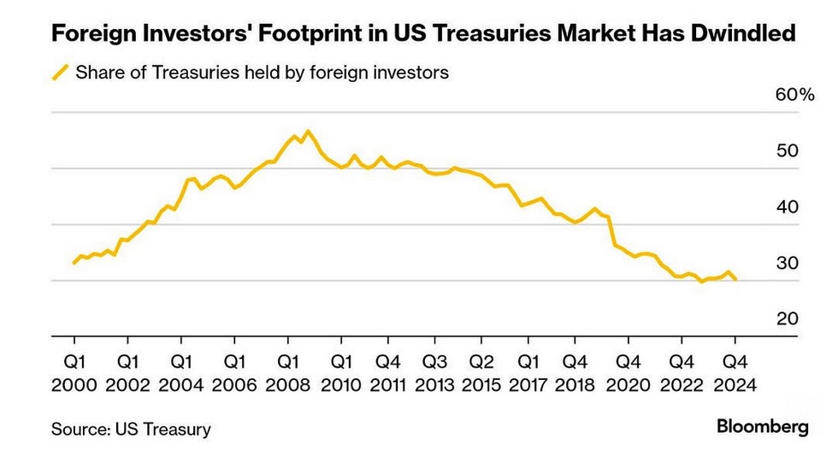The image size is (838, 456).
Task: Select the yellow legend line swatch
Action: click(x=60, y=72)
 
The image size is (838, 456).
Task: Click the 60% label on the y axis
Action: click(x=794, y=95)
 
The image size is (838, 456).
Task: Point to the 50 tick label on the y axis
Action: click(x=788, y=150)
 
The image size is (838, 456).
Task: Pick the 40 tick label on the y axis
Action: click(x=788, y=207)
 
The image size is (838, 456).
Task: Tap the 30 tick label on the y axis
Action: click(x=788, y=263)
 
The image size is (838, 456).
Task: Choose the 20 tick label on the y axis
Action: click(x=788, y=319)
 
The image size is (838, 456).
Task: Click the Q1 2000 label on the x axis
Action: click(x=74, y=373)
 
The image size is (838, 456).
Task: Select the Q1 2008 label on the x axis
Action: click(x=287, y=373)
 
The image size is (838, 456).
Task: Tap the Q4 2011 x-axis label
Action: click(x=388, y=373)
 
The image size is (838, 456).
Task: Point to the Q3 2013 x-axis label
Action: click(x=434, y=373)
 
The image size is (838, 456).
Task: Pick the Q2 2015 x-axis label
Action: click(x=481, y=373)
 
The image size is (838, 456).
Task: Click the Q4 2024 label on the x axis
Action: click(x=735, y=373)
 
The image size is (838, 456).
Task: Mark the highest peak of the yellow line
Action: click(x=308, y=132)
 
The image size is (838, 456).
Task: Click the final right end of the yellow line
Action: click(x=735, y=278)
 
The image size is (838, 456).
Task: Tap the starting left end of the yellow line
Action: click(x=74, y=263)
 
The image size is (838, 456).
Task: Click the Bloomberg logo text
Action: click(x=763, y=427)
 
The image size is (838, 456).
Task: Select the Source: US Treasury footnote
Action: click(x=131, y=429)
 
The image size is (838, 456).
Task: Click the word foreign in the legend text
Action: click(x=339, y=72)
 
